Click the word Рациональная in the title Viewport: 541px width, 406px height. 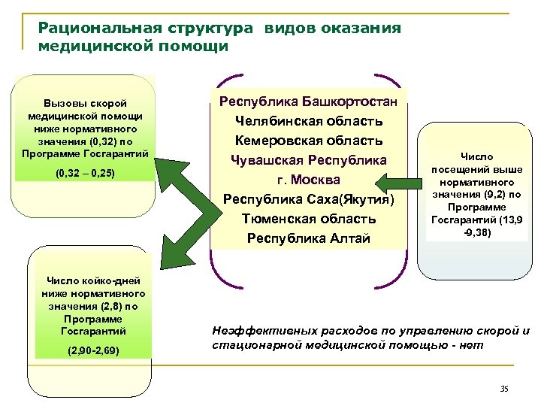pyautogui.click(x=89, y=29)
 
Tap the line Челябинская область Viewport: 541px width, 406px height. pyautogui.click(x=309, y=120)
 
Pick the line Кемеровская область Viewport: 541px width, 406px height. pyautogui.click(x=309, y=140)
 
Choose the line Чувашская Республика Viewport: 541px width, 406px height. pyautogui.click(x=309, y=159)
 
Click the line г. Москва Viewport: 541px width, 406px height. pyautogui.click(x=309, y=180)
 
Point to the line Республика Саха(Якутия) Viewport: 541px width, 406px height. pyautogui.click(x=309, y=199)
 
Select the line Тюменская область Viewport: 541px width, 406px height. pyautogui.click(x=309, y=219)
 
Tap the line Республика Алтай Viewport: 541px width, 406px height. pyautogui.click(x=309, y=239)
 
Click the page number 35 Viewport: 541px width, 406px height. pyautogui.click(x=503, y=388)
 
